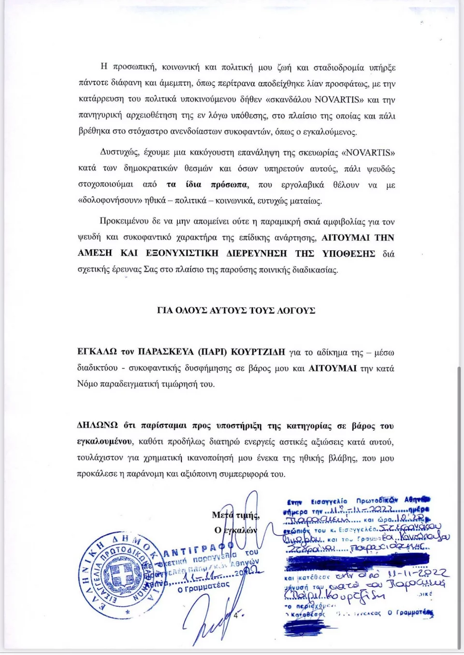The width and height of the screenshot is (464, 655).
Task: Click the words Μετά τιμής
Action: pos(235,515)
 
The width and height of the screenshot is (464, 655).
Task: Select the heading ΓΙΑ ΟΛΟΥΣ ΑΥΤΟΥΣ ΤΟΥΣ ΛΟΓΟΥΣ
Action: pos(236,310)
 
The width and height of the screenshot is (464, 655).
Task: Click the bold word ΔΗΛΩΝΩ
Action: pos(98,426)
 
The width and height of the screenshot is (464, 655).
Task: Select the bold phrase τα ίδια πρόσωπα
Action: pos(207,185)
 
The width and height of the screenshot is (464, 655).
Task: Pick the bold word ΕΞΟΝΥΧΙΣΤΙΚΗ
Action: pos(182,253)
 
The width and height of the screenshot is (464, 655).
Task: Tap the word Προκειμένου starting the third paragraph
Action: pos(124,222)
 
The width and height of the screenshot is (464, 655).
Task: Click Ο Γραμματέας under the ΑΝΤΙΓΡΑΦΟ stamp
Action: pos(203,588)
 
